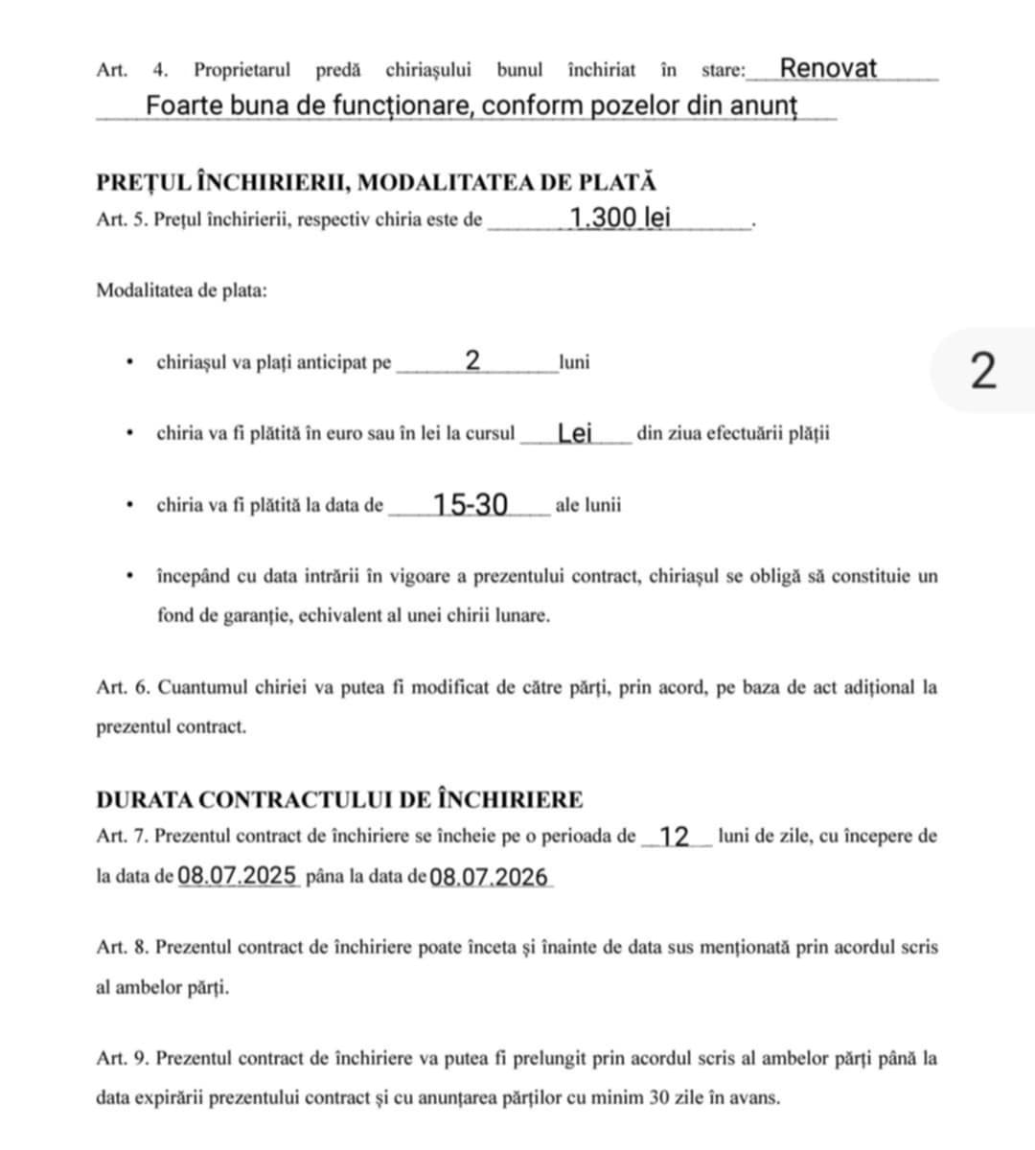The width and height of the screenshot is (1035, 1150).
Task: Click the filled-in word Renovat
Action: pyautogui.click(x=827, y=68)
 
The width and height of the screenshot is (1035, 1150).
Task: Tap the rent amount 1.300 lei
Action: pyautogui.click(x=620, y=218)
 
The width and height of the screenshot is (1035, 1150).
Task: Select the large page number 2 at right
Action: pyautogui.click(x=983, y=371)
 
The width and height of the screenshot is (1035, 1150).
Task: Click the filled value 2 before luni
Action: pyautogui.click(x=472, y=361)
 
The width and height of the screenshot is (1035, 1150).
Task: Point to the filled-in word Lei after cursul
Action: pyautogui.click(x=575, y=433)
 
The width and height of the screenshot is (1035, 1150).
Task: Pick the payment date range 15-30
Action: pyautogui.click(x=470, y=504)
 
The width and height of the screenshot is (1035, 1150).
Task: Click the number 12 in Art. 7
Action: pyautogui.click(x=675, y=837)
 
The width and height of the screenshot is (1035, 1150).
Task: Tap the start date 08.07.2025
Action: pyautogui.click(x=238, y=876)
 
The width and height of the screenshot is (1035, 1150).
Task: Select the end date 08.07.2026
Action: pyautogui.click(x=489, y=877)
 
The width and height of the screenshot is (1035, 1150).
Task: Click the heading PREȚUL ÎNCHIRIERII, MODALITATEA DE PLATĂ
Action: pyautogui.click(x=376, y=182)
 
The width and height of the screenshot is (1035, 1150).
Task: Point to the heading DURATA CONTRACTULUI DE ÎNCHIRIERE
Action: pyautogui.click(x=339, y=799)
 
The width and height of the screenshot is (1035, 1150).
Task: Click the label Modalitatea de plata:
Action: pyautogui.click(x=181, y=290)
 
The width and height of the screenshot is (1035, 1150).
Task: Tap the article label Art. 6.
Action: pyautogui.click(x=124, y=687)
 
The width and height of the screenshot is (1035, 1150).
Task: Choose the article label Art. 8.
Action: pyautogui.click(x=124, y=948)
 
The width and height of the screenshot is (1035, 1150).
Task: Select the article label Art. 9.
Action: pyautogui.click(x=124, y=1059)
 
